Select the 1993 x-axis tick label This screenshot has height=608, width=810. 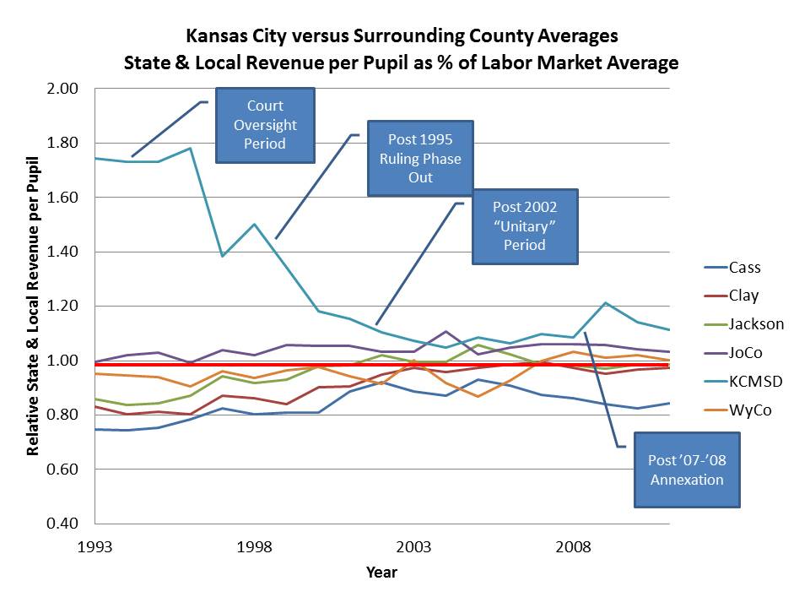click(x=95, y=546)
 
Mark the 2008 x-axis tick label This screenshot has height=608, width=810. click(x=574, y=546)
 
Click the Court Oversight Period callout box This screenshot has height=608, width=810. click(x=265, y=125)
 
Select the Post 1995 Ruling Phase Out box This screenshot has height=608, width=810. click(x=419, y=158)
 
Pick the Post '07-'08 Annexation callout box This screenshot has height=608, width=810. click(x=686, y=470)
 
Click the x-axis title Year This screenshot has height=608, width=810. click(x=381, y=573)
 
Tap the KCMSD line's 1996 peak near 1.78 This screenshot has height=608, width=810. click(x=190, y=149)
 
